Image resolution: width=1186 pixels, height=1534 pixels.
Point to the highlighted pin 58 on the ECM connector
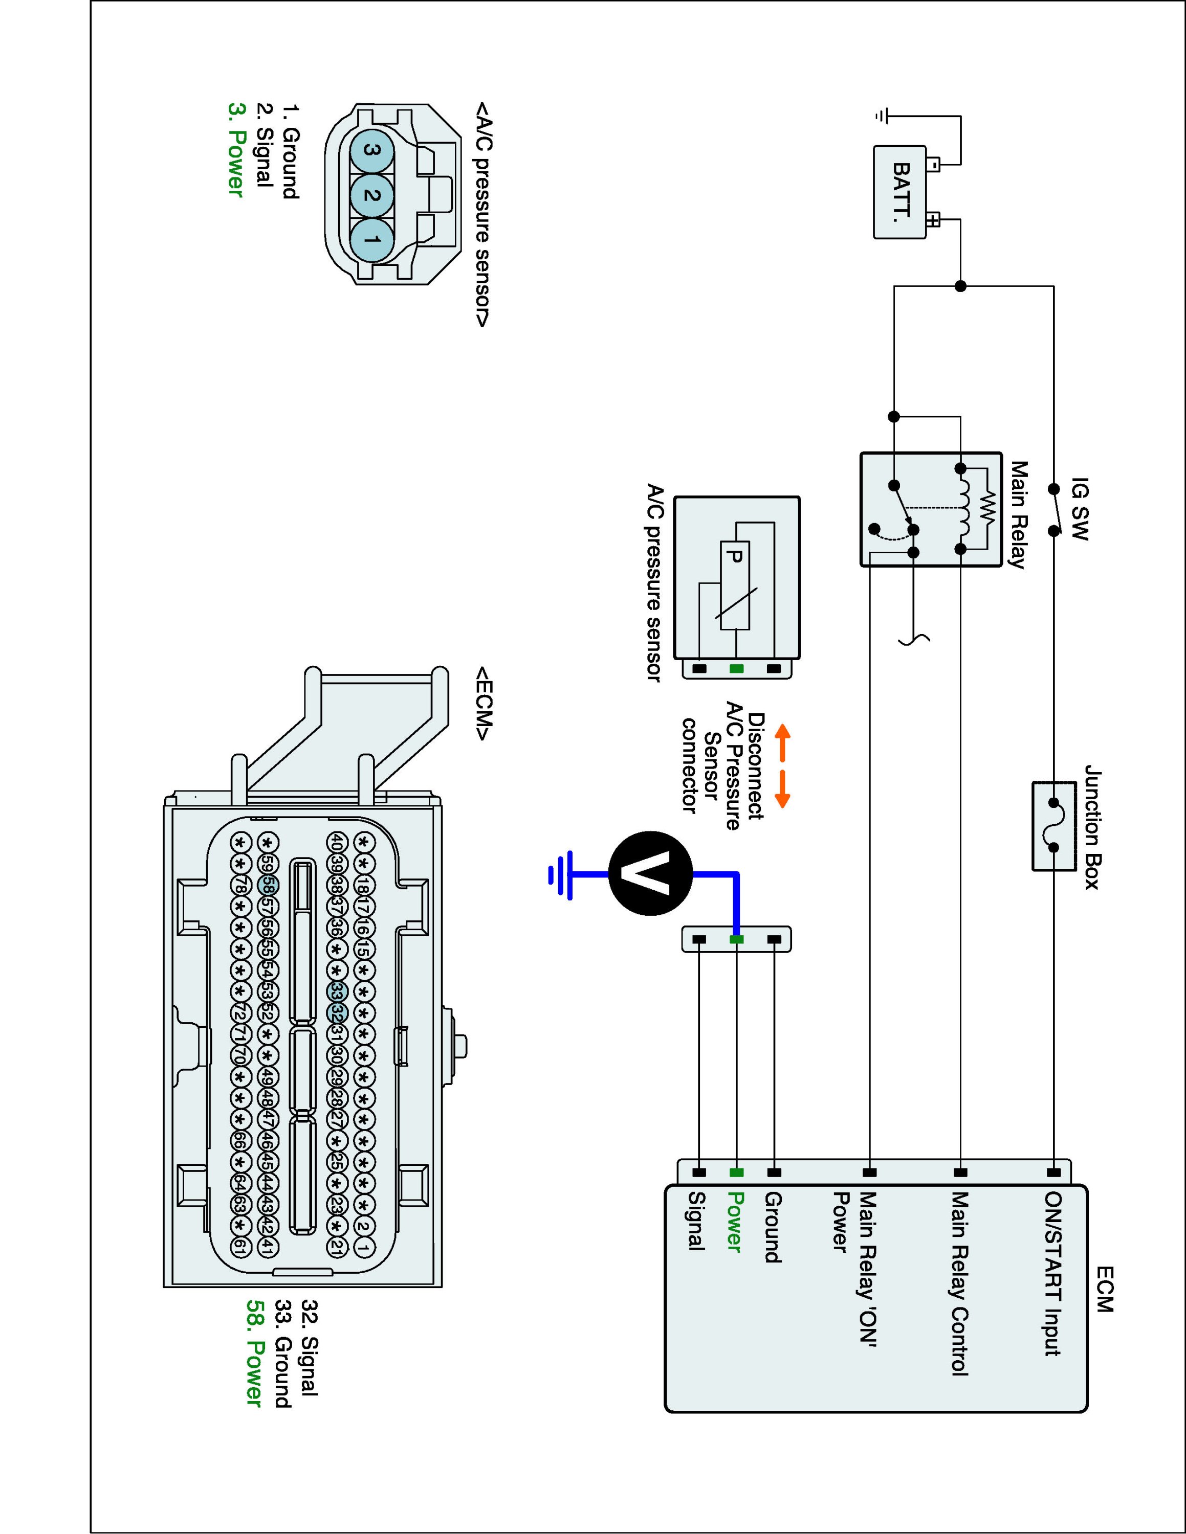point(268,886)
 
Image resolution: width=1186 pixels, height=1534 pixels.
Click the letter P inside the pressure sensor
point(734,557)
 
